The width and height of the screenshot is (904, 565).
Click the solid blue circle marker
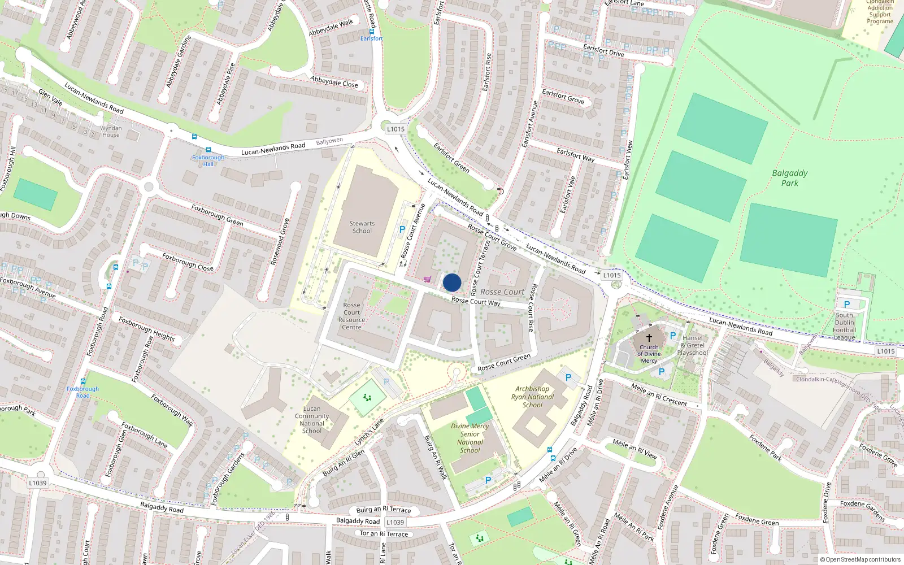tap(452, 282)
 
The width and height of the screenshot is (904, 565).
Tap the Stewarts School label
tap(362, 227)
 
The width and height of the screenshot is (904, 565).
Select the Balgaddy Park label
tap(790, 178)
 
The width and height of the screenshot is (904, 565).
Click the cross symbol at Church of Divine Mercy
tap(649, 337)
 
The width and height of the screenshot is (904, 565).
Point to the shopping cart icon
tap(427, 279)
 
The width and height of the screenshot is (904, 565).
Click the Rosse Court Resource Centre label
tap(351, 316)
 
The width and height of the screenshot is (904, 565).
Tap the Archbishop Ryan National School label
tap(532, 397)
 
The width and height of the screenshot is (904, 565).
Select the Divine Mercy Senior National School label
tap(470, 438)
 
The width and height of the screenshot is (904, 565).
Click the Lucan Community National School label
tap(312, 420)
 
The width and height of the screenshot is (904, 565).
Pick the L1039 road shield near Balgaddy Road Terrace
tap(395, 523)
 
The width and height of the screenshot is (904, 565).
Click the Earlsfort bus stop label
tap(371, 38)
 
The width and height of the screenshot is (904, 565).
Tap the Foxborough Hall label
tap(208, 160)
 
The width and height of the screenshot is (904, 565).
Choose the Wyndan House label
tap(111, 132)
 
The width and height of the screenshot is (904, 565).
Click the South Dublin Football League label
tap(845, 327)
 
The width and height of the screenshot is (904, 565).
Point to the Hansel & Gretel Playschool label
tap(693, 345)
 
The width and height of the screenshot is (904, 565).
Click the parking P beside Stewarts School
tap(402, 229)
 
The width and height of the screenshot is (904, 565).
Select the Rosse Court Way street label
tap(476, 302)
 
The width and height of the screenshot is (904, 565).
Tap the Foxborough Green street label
tap(217, 215)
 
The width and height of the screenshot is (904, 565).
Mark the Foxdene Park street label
tap(766, 447)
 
